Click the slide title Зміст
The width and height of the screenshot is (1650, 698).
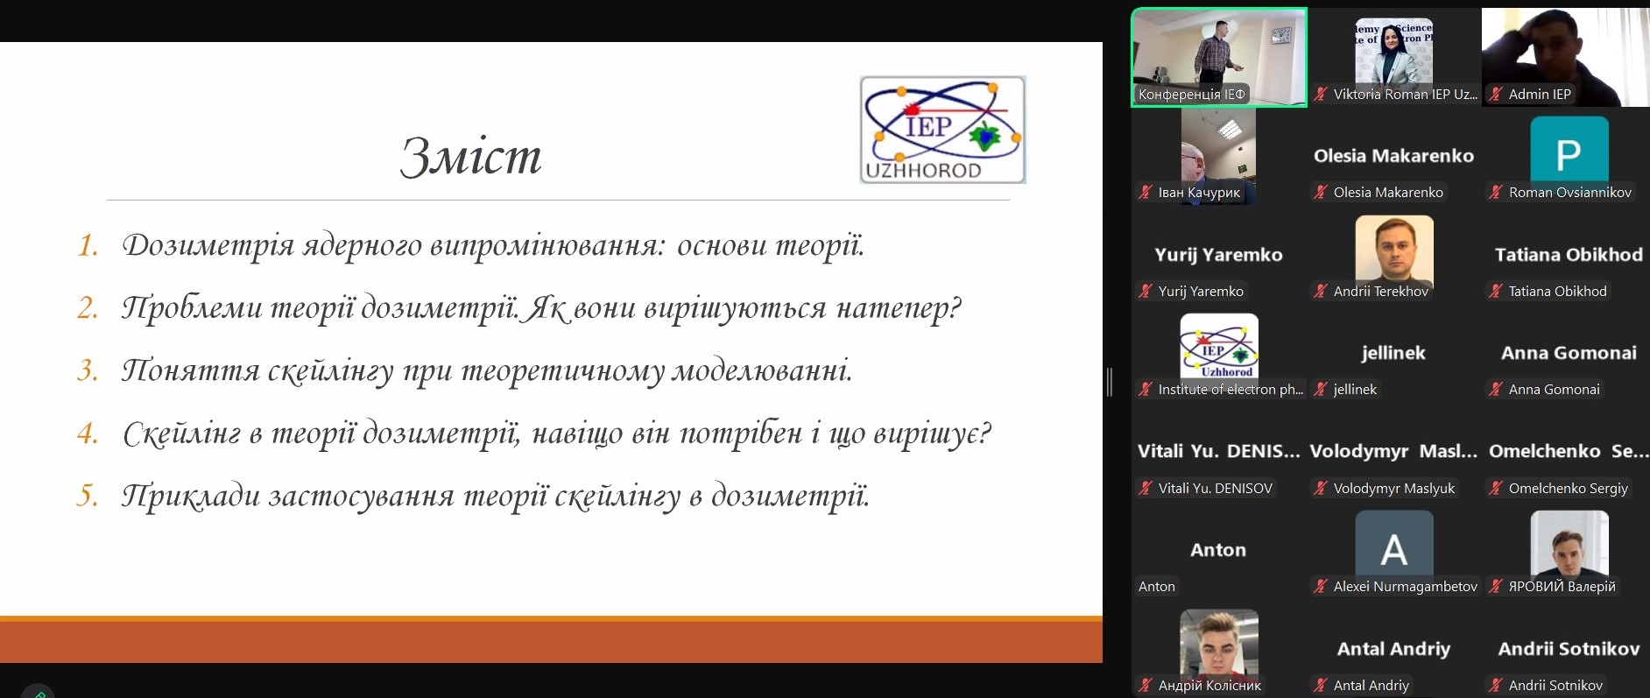(471, 156)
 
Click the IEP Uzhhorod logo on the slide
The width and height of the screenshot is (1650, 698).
(942, 130)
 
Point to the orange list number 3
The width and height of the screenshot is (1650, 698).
(88, 370)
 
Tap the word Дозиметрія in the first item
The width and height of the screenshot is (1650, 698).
(208, 246)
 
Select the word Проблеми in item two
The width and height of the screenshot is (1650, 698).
(192, 308)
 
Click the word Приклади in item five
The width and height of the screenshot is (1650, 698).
(191, 497)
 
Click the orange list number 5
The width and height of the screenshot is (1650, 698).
(88, 496)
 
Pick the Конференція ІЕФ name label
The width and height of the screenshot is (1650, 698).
(1191, 95)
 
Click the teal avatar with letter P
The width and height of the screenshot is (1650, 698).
(1569, 150)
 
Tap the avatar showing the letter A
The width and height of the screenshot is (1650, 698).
(1393, 544)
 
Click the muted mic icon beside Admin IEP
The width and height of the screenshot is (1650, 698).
(1496, 95)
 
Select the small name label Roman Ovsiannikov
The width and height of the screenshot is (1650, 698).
(1569, 193)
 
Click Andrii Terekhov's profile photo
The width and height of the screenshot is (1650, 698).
(1393, 249)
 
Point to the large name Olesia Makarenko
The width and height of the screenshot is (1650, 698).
(1393, 156)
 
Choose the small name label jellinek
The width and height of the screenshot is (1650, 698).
(1355, 390)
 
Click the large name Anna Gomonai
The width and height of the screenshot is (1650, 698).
(1569, 353)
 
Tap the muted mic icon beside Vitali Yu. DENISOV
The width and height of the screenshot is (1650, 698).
(1146, 489)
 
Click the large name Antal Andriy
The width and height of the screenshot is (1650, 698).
(1393, 649)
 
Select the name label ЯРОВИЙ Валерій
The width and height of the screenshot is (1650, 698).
(1562, 587)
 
